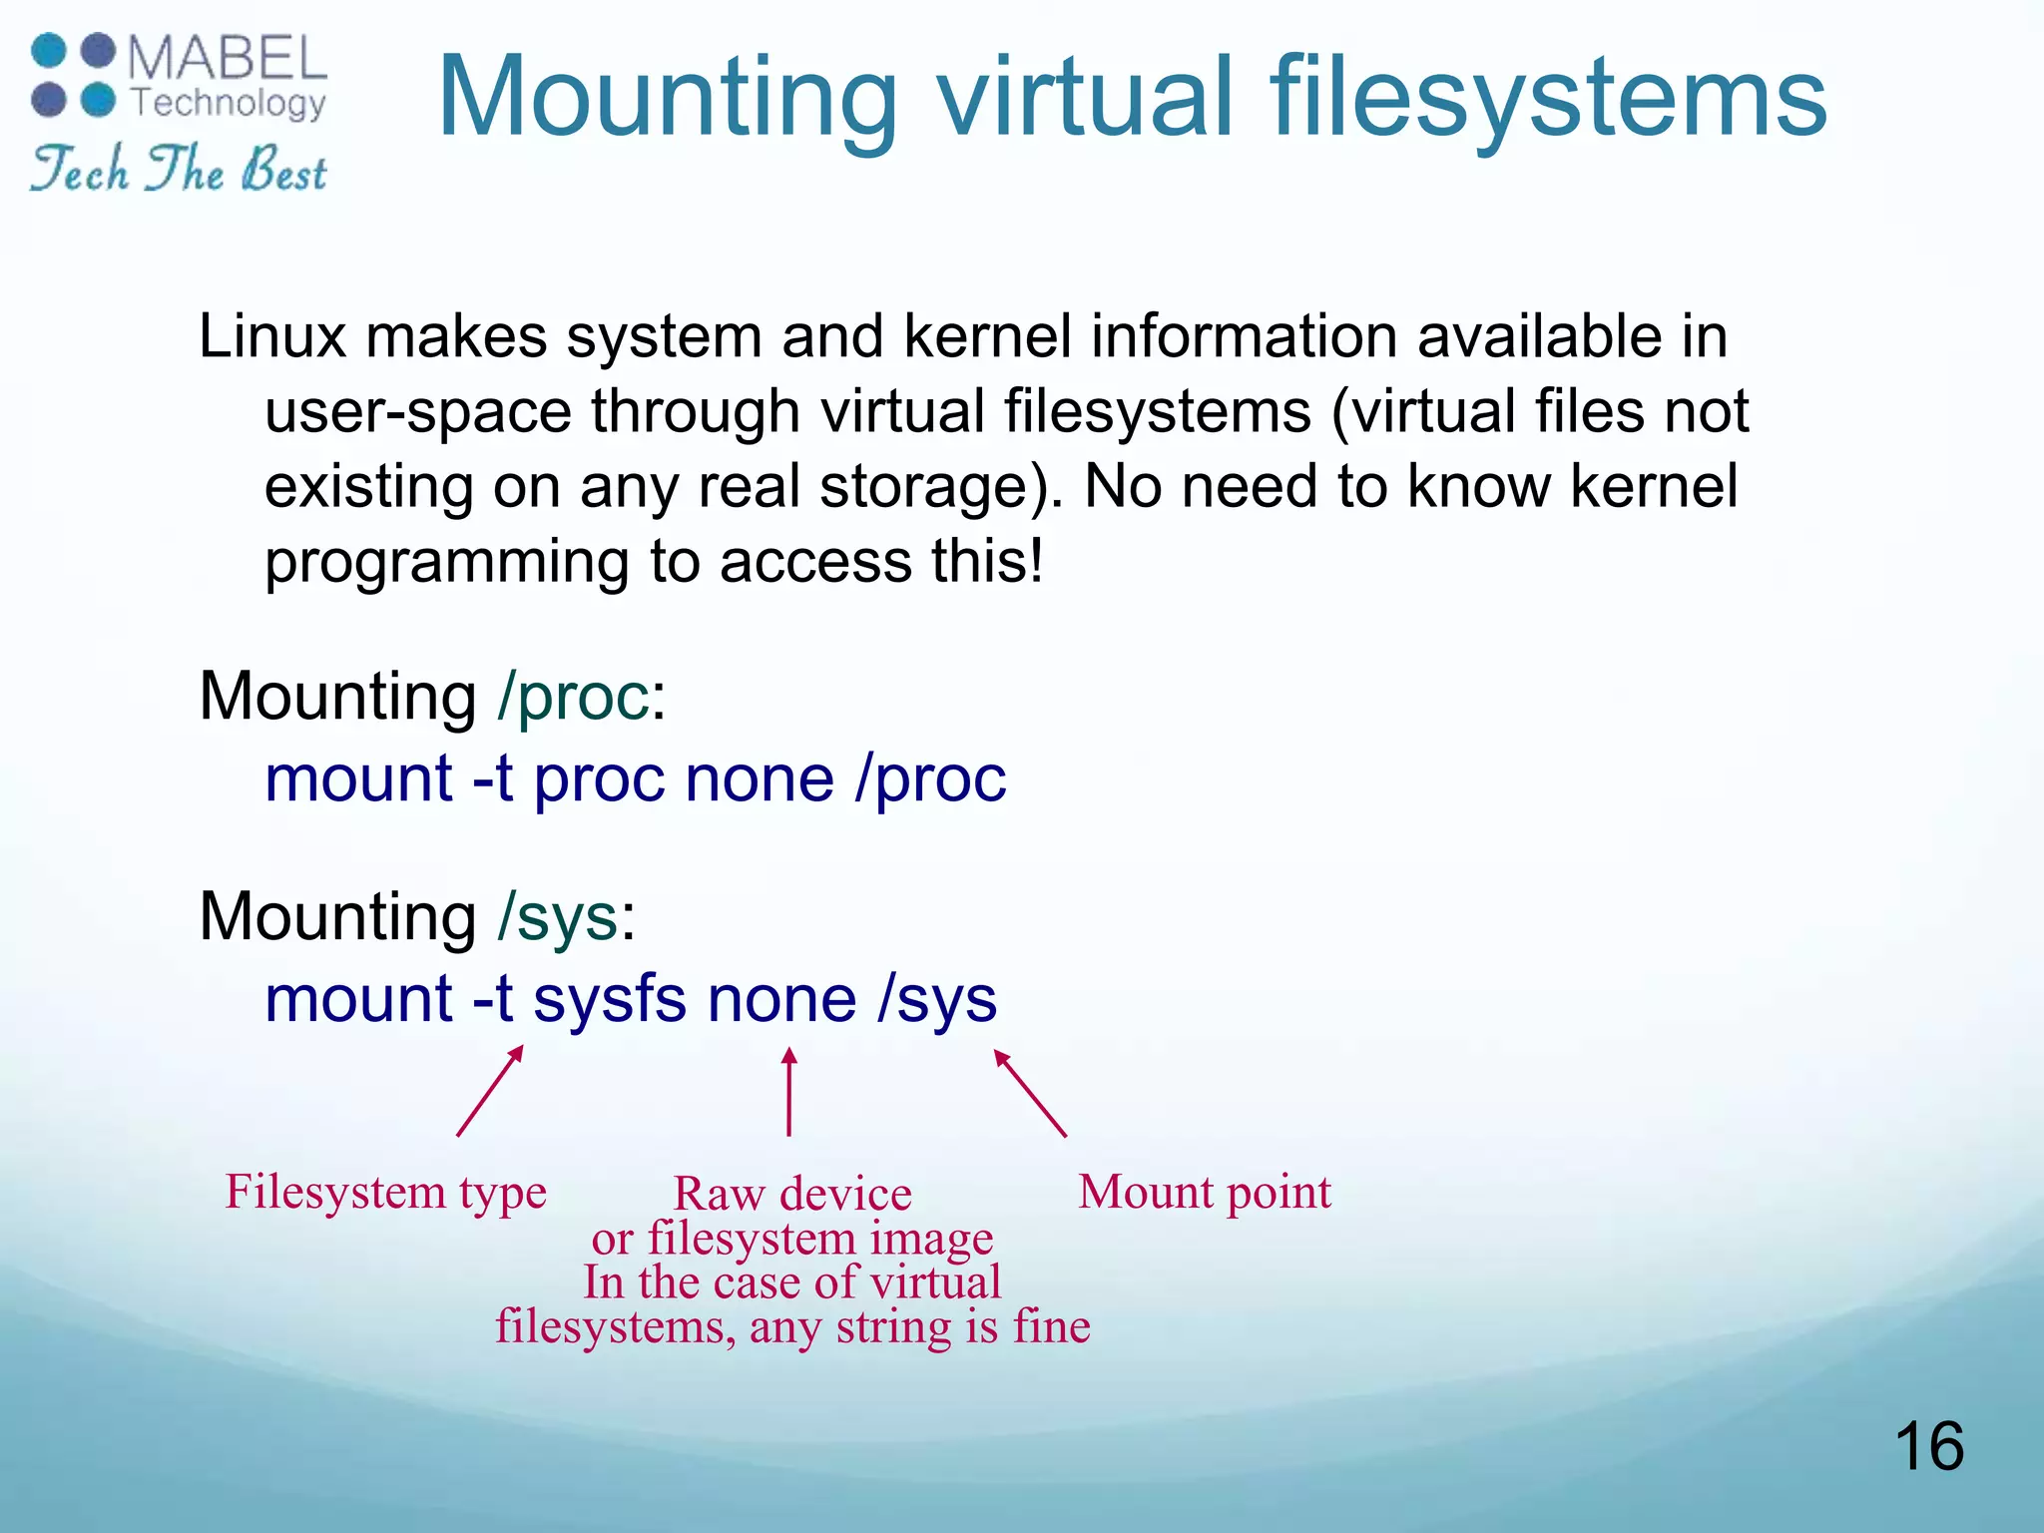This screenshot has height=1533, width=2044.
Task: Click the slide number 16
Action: click(1928, 1446)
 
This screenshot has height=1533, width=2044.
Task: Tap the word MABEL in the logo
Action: click(228, 59)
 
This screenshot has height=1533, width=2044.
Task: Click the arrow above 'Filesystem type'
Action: click(490, 1091)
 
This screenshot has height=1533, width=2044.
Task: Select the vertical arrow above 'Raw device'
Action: click(788, 1091)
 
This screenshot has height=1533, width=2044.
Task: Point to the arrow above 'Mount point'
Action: click(1030, 1094)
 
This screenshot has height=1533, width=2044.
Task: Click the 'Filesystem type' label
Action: click(386, 1193)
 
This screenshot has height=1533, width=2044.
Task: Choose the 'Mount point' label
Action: click(1205, 1193)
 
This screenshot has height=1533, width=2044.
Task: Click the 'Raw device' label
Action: click(792, 1195)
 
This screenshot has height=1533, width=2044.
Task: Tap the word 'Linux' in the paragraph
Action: click(271, 336)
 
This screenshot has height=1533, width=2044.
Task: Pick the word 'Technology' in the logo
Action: click(229, 103)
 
